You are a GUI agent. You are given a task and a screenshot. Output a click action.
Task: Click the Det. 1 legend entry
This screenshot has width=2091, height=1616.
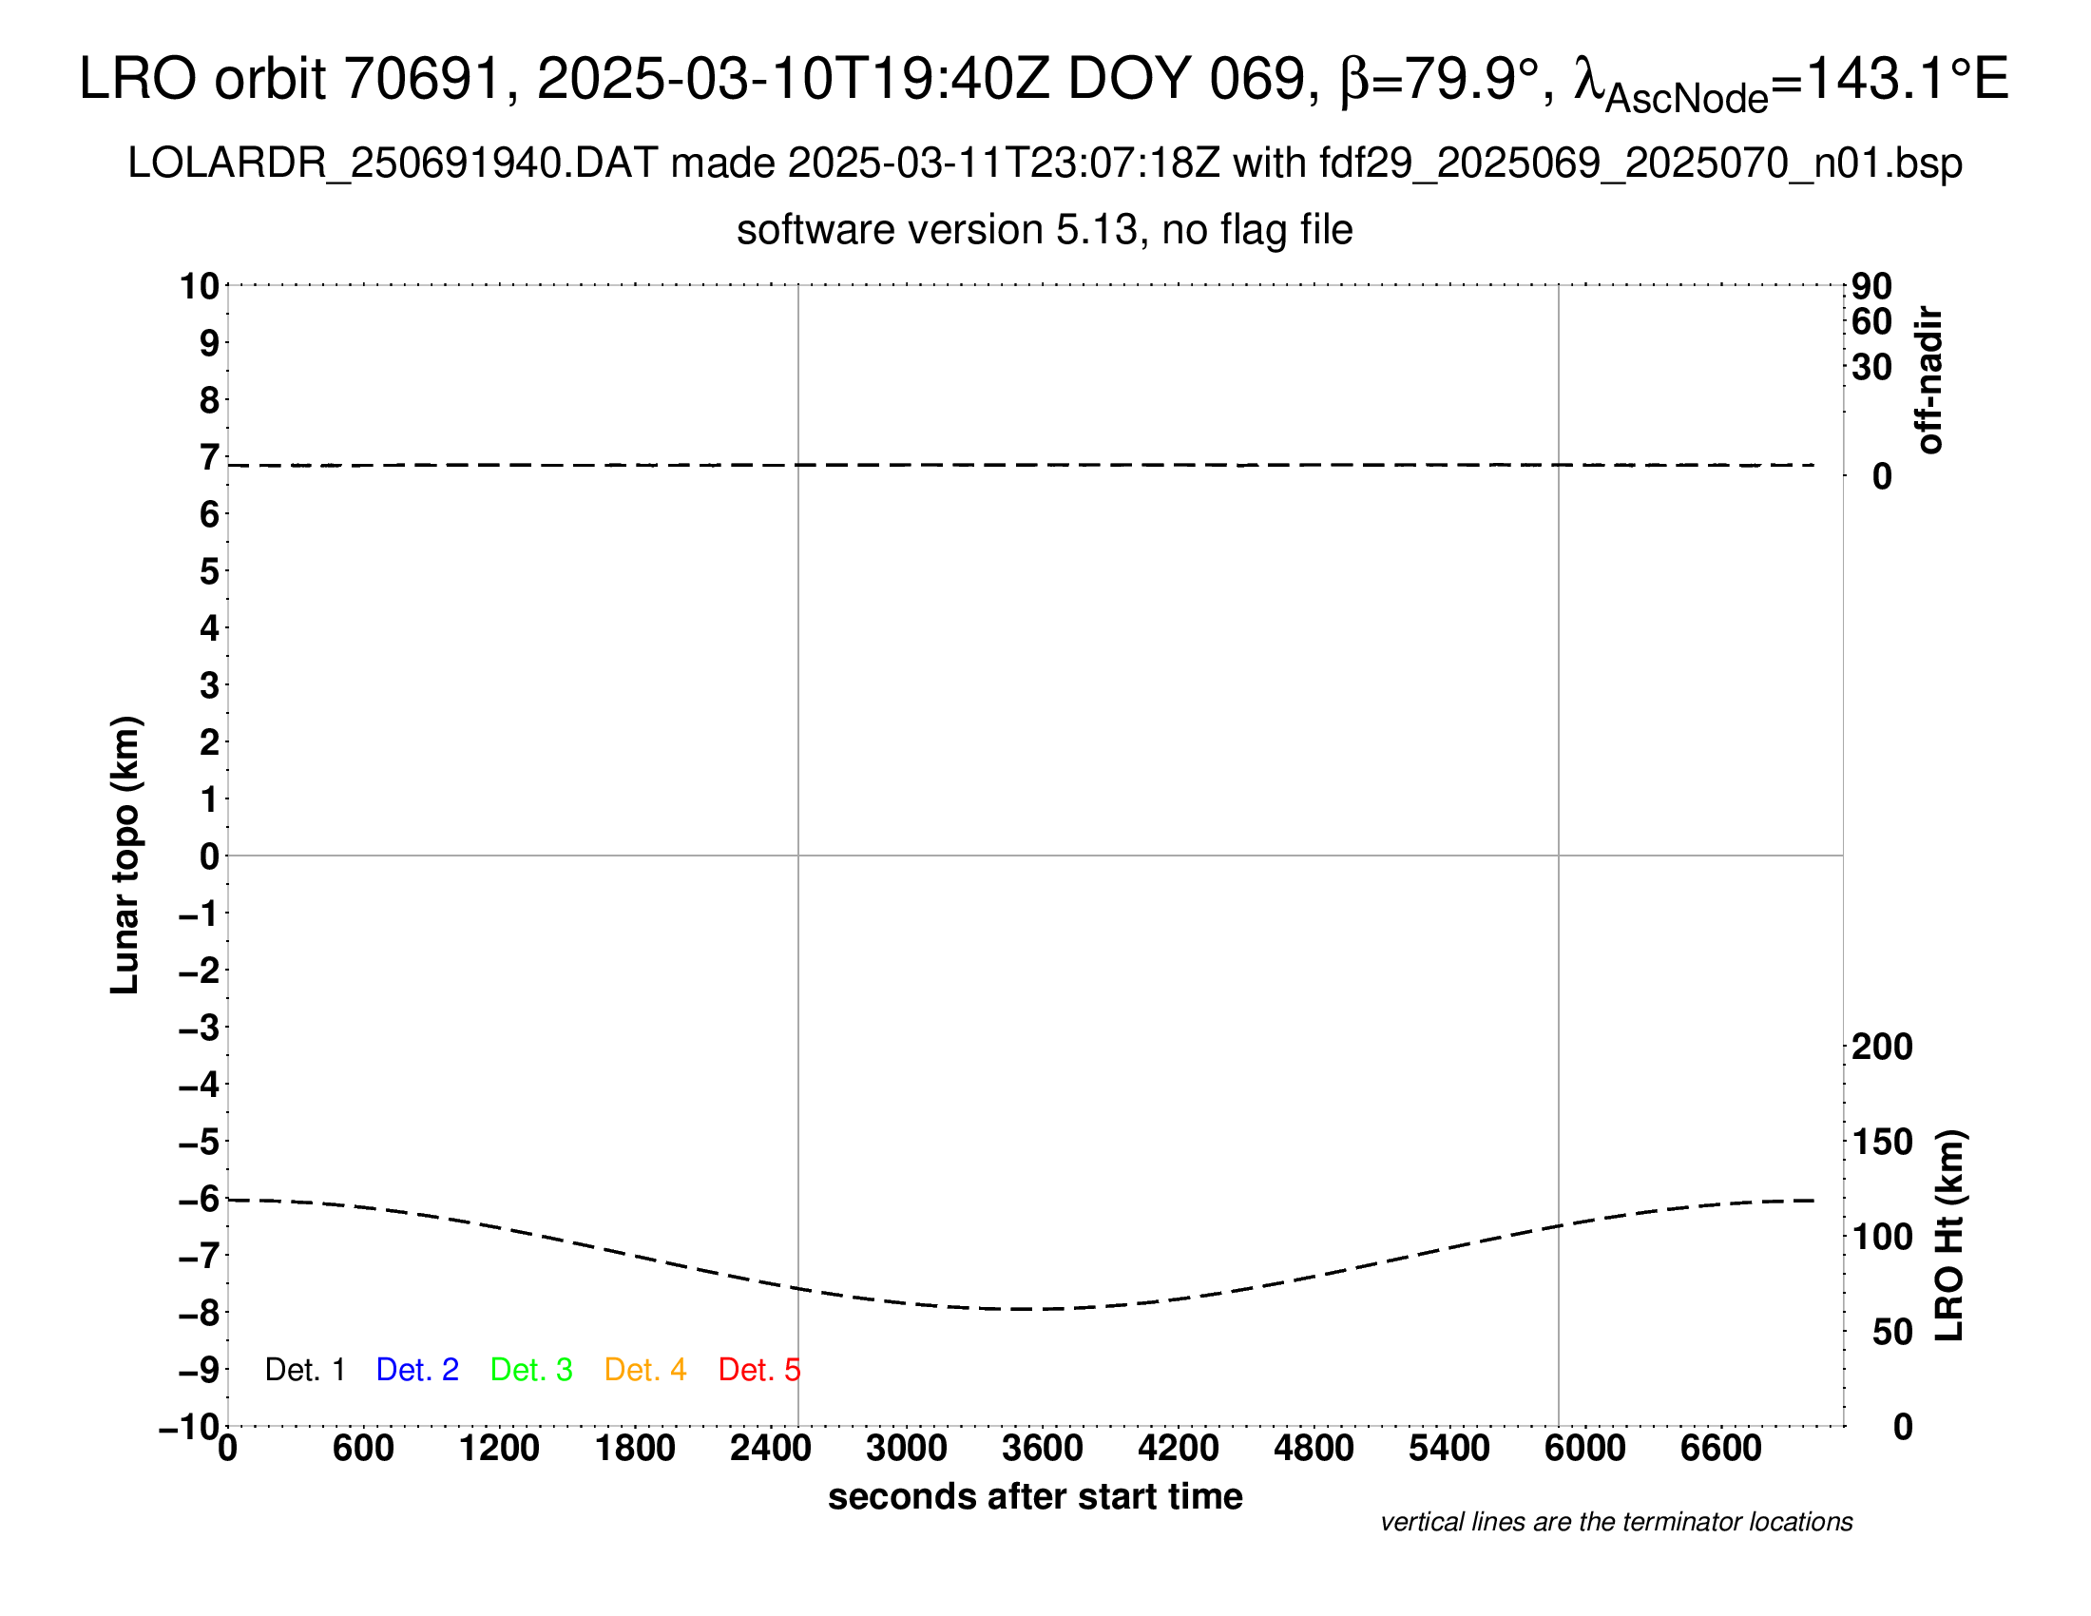[x=304, y=1370]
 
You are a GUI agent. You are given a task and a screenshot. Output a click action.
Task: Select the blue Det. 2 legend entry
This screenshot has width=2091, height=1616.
[x=417, y=1370]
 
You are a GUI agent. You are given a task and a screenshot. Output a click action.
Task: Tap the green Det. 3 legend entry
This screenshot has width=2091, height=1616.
[x=531, y=1370]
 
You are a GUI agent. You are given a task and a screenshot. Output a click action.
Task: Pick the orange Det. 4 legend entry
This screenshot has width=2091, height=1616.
[x=645, y=1370]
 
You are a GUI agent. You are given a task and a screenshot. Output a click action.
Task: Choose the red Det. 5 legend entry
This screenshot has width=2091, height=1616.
[x=758, y=1370]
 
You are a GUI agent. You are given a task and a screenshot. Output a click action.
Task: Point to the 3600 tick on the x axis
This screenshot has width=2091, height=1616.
[x=1043, y=1449]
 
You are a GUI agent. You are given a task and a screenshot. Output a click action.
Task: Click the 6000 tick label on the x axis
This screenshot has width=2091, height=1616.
[x=1584, y=1449]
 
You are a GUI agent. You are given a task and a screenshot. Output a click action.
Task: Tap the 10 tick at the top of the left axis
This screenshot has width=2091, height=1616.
[x=201, y=286]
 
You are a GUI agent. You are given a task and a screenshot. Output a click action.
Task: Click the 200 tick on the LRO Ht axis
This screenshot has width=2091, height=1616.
[x=1881, y=1047]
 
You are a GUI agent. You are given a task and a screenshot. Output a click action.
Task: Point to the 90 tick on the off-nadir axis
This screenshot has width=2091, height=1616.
[x=1871, y=286]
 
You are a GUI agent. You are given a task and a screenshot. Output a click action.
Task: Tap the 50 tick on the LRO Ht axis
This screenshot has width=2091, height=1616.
[x=1891, y=1332]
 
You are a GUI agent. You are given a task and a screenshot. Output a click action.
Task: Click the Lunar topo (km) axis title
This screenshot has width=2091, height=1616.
[x=125, y=855]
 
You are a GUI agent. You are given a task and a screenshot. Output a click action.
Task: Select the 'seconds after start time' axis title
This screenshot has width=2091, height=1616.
[x=1035, y=1496]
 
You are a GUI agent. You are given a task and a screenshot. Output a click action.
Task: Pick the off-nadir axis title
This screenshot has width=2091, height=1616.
[x=1929, y=380]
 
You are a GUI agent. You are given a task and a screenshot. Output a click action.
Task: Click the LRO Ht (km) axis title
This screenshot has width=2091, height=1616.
[x=1949, y=1236]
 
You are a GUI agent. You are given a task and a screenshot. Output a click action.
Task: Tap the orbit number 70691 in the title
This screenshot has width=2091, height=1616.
[x=422, y=79]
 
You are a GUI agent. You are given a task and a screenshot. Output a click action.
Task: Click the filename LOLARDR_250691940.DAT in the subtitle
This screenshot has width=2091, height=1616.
[x=392, y=164]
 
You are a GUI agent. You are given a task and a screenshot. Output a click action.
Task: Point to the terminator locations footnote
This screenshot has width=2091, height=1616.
[x=1616, y=1522]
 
